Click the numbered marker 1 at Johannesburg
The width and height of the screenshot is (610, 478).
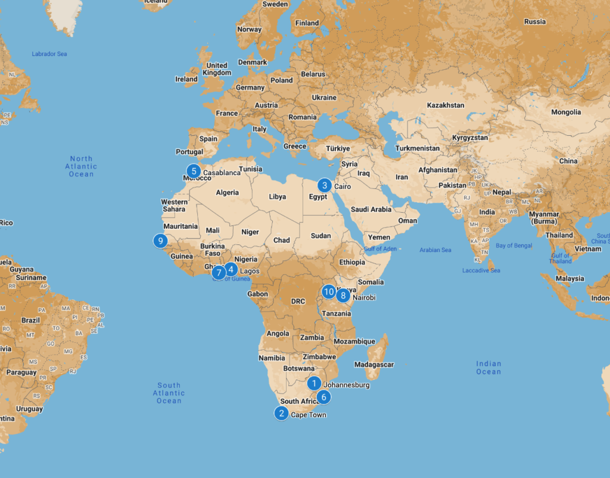tap(315, 383)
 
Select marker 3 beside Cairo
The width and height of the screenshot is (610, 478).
tap(325, 185)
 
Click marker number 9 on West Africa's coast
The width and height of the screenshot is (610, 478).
tap(160, 241)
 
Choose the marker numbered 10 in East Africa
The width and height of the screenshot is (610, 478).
tap(329, 291)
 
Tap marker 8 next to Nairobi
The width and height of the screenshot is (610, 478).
tap(343, 295)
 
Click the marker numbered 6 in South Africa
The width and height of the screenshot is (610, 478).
tap(323, 396)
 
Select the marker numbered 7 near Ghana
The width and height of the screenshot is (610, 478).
tap(219, 273)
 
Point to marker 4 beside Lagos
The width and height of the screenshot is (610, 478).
tap(231, 269)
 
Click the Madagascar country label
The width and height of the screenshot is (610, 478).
tap(374, 364)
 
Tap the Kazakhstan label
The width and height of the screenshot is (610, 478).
tap(446, 105)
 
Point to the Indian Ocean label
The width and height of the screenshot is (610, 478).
tap(488, 368)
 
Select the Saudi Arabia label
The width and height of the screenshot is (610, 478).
tap(371, 209)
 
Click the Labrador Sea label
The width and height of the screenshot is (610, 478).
tap(49, 54)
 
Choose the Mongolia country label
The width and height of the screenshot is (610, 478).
tap(566, 112)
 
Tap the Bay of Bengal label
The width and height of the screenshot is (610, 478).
tap(513, 246)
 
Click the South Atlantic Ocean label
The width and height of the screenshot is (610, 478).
tap(169, 393)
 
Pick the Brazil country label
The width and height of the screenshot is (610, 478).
tap(30, 320)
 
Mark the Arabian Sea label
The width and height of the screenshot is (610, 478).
tap(435, 250)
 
